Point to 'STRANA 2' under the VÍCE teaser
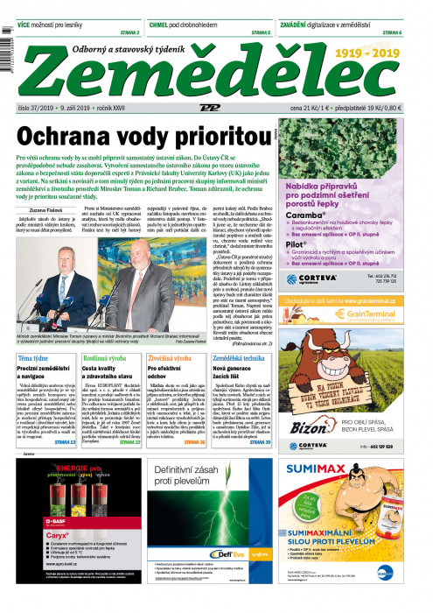[x=126, y=32]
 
